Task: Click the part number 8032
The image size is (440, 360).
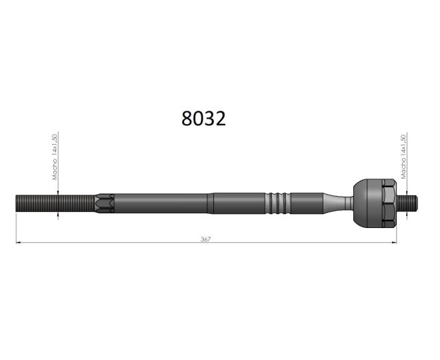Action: click(x=203, y=119)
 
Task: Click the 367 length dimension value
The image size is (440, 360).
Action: click(x=205, y=239)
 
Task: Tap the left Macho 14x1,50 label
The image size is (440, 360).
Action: click(x=55, y=157)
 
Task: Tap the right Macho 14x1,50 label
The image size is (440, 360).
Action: click(x=403, y=157)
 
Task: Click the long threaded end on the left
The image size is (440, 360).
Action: click(x=55, y=203)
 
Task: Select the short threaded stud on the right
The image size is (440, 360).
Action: click(x=407, y=202)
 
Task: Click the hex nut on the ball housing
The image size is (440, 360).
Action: click(x=389, y=203)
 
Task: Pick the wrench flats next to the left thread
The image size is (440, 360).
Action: click(x=105, y=203)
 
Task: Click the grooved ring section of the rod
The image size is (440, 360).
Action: click(x=278, y=203)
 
